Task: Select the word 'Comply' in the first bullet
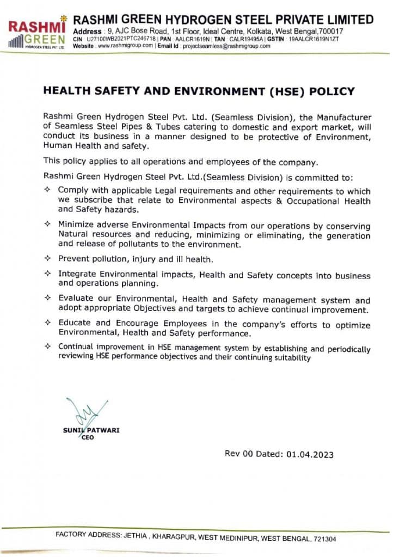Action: point(73,191)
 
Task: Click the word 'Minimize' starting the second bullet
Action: point(76,225)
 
